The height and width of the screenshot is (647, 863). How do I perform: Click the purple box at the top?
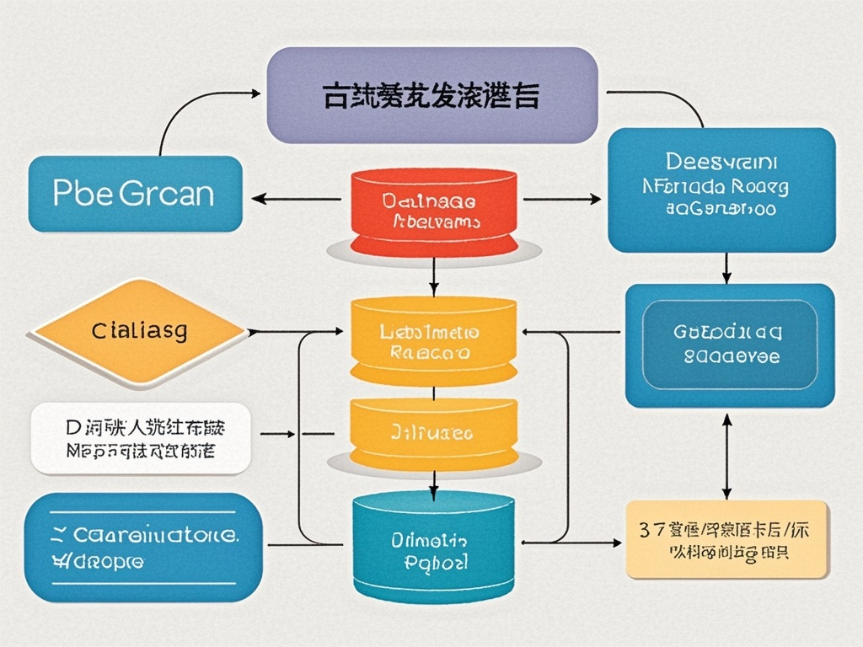click(431, 94)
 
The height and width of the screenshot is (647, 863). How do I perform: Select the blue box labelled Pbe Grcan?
click(135, 194)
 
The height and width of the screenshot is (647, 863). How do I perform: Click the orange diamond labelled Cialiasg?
click(139, 330)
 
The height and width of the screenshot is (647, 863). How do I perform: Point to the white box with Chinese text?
click(141, 438)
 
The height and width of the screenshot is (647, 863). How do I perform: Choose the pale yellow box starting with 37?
click(726, 539)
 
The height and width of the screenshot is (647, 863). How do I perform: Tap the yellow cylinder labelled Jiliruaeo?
click(432, 433)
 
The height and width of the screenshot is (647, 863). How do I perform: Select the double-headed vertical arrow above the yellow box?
click(726, 455)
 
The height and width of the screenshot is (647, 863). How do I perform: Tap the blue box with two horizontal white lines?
click(141, 548)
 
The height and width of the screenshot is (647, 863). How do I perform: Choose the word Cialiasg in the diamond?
click(139, 330)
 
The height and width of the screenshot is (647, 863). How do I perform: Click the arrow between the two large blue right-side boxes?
click(726, 268)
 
